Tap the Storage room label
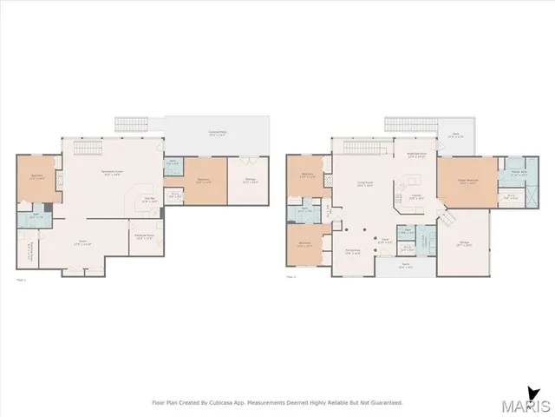tap(249, 182)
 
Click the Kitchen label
tap(415, 196)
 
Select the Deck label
tap(455, 136)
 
